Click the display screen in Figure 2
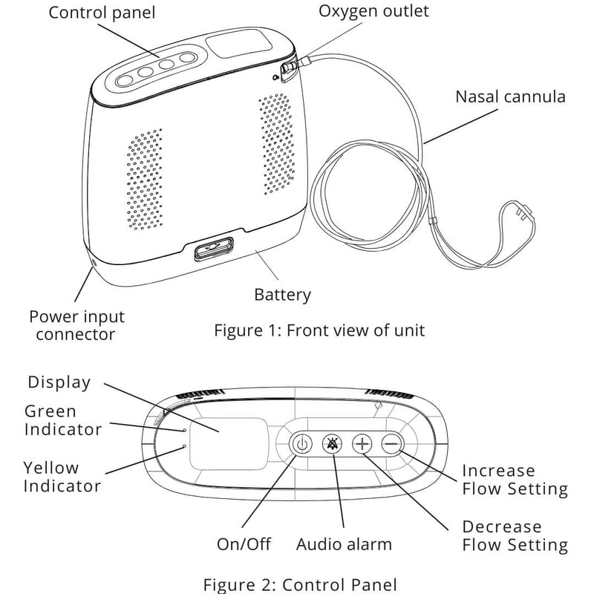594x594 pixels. point(228,443)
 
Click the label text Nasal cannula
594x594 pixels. point(509,97)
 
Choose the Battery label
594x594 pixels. point(282,295)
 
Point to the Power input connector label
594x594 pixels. point(76,325)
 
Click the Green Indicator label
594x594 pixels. point(62,420)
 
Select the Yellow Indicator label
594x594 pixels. point(62,477)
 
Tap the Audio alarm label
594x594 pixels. point(343,544)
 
